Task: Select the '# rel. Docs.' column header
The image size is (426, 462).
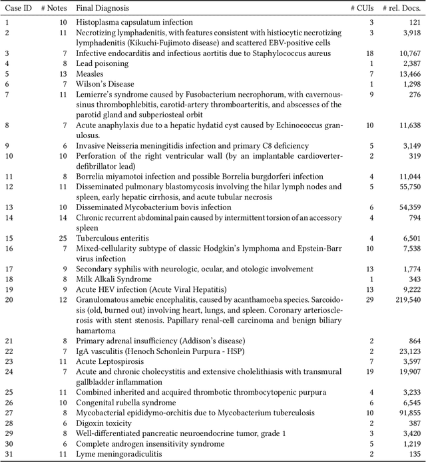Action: point(402,8)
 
